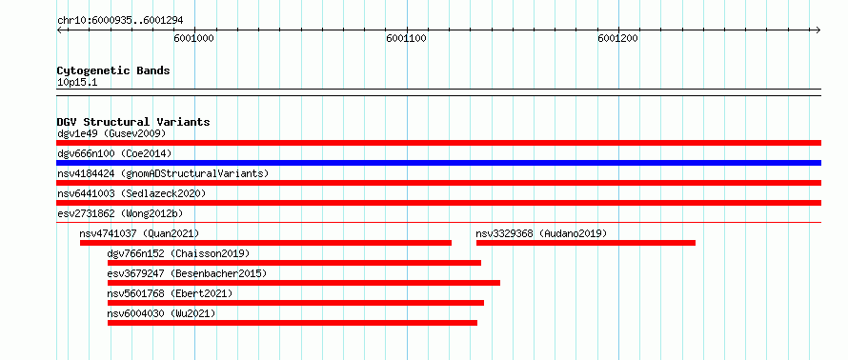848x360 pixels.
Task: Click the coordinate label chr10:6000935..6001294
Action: (120, 21)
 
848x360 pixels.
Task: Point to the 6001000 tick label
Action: (194, 38)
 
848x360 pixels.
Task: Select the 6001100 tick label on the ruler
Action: (406, 38)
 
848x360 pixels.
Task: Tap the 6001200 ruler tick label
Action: (618, 38)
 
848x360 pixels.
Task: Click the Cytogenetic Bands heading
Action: (113, 70)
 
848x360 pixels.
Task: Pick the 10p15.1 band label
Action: (77, 83)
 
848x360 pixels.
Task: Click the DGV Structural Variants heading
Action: (133, 122)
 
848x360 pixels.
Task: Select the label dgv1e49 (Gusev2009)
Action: (111, 133)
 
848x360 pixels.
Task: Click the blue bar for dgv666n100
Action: (438, 163)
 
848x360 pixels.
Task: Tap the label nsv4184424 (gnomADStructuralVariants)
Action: (163, 173)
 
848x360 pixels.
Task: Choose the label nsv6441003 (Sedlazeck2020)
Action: (131, 193)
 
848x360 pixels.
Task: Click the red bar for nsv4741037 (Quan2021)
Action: (266, 243)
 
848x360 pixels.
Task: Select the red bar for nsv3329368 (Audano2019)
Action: (586, 243)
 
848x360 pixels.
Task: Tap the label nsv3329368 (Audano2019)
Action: (541, 233)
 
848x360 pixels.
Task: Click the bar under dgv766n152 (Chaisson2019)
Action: (294, 263)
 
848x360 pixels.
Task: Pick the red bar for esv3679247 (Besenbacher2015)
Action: (304, 283)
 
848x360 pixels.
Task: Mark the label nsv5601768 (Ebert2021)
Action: (170, 293)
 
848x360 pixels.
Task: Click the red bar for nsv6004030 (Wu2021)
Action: (293, 323)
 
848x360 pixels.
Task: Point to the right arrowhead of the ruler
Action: (818, 30)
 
